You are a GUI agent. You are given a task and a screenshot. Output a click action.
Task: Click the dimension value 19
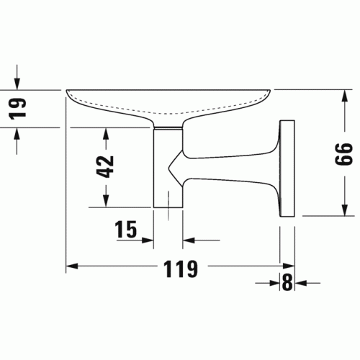coord(17,109)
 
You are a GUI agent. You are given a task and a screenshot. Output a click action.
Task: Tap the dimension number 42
coord(105,167)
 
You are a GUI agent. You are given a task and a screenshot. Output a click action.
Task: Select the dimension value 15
coord(126,229)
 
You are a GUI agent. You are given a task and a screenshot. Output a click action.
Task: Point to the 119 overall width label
coord(181,269)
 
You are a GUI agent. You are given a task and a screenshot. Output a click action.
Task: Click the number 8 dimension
coord(287,282)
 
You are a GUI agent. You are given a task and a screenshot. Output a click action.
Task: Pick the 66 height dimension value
coord(344,154)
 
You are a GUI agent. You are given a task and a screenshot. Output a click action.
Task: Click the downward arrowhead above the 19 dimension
coord(17,84)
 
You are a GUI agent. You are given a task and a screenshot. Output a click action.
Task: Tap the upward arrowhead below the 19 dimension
coord(17,134)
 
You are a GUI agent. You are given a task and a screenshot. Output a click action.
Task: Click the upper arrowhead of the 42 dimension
coord(106,134)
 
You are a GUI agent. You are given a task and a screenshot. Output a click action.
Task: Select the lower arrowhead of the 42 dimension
coord(106,201)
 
